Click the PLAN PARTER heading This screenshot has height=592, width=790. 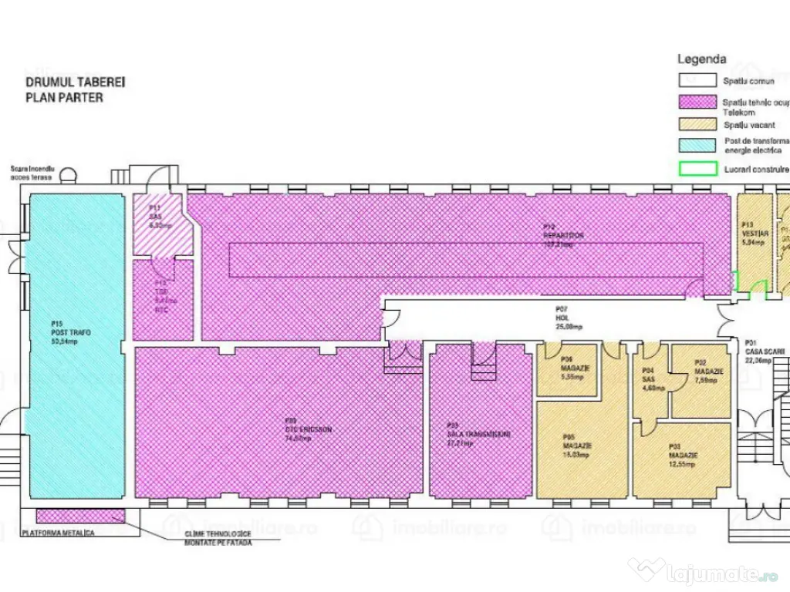tap(64, 97)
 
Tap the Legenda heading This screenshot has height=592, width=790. tap(701, 59)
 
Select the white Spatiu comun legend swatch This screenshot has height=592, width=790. tap(697, 79)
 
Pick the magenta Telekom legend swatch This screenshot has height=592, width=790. tap(697, 102)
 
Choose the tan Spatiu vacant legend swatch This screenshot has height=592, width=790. tap(697, 124)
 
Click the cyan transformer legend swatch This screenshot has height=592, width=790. tap(697, 144)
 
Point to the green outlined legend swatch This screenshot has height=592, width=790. tap(697, 167)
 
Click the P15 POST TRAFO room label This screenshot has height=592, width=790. tap(70, 332)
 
